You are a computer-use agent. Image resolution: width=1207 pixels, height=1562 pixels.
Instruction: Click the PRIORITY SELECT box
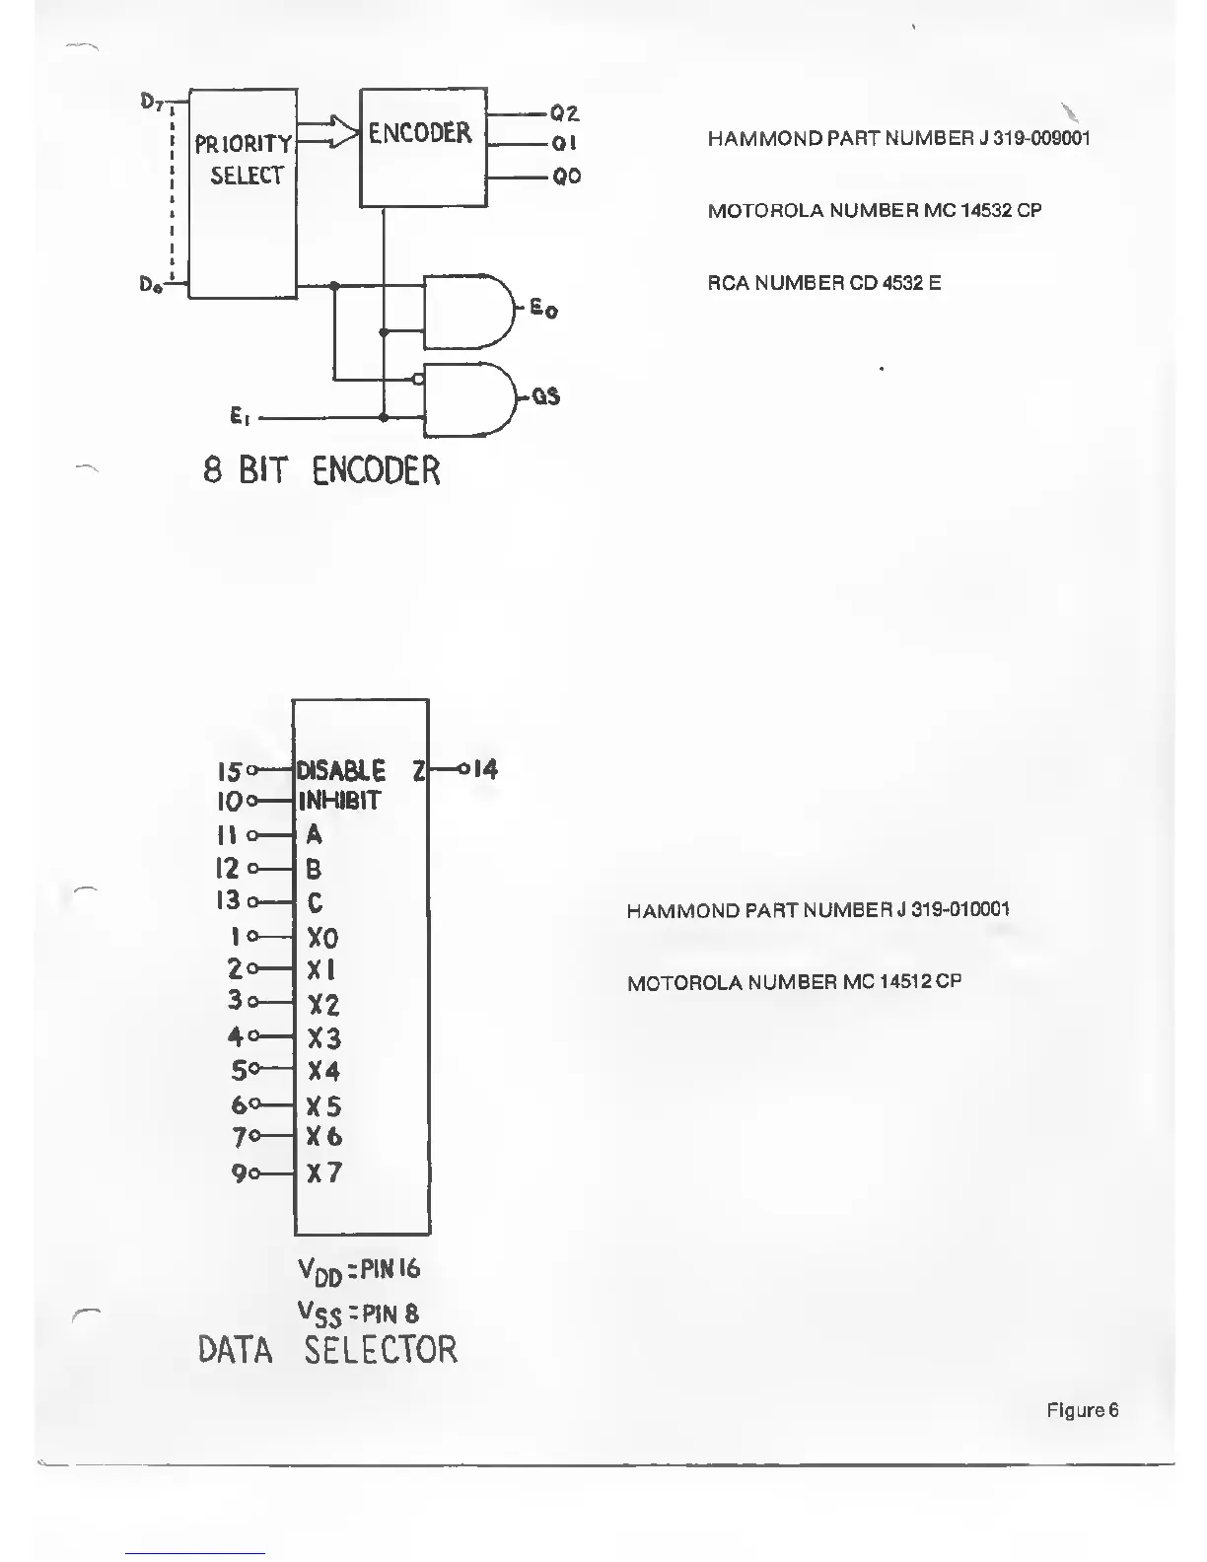(x=243, y=192)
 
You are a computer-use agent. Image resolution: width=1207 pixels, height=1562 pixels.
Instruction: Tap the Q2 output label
(x=565, y=113)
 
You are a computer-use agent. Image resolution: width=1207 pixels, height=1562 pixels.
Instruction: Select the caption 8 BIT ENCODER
(x=321, y=470)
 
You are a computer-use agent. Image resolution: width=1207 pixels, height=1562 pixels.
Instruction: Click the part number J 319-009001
(x=1034, y=138)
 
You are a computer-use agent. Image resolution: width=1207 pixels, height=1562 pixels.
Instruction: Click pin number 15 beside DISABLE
(x=229, y=769)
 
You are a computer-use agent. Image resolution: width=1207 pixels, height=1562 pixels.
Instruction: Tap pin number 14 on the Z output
(x=485, y=768)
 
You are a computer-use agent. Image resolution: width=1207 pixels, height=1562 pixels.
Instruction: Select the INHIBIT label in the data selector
(x=339, y=801)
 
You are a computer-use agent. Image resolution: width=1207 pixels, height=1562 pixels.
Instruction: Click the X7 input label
(x=324, y=1172)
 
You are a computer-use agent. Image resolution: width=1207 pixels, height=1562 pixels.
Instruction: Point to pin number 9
(x=239, y=1173)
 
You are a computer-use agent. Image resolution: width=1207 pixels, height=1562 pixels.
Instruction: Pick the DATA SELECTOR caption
(x=328, y=1349)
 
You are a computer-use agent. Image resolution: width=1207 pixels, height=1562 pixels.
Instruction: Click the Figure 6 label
(x=1082, y=1410)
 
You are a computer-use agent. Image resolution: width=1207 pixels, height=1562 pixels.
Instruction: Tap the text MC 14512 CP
(x=902, y=982)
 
